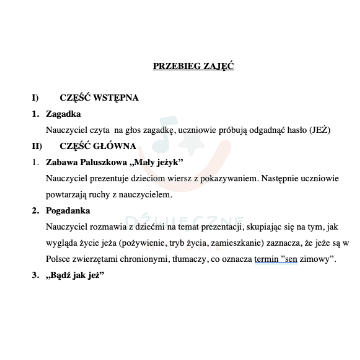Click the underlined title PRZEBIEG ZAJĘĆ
pos(193,66)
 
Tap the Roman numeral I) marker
pos(35,98)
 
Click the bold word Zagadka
pos(63,114)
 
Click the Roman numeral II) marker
pos(37,146)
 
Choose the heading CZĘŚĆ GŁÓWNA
pos(98,146)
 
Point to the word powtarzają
pos(63,195)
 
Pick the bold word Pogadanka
pos(68,211)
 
